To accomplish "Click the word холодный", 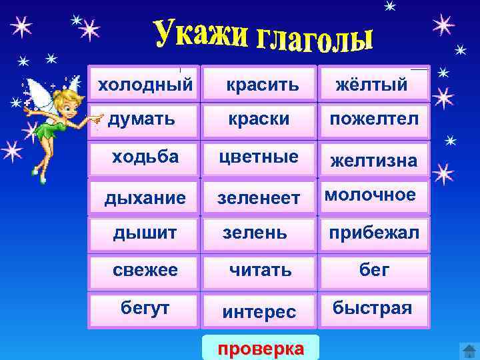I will (x=145, y=85).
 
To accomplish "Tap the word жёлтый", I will (x=371, y=85).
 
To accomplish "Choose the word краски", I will (x=259, y=119).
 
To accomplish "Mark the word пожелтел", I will (x=373, y=119).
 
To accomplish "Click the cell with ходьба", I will (x=145, y=157).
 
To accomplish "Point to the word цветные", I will (x=259, y=157).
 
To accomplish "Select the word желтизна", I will (x=374, y=161).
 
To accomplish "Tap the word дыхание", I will (x=145, y=198).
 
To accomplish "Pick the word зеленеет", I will (x=259, y=198).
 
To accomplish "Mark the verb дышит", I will (x=145, y=233).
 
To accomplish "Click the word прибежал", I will (x=374, y=233).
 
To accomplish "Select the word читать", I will (x=260, y=270).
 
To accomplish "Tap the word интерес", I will (x=259, y=312).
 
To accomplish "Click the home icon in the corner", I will (x=468, y=350).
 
